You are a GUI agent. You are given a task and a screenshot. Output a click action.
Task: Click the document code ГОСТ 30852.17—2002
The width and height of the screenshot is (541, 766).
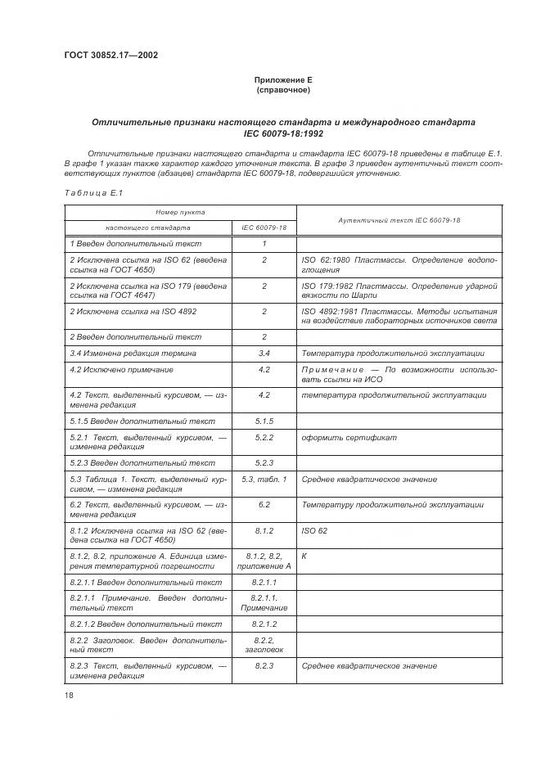110,56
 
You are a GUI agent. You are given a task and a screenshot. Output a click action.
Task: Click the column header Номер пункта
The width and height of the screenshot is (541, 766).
180,212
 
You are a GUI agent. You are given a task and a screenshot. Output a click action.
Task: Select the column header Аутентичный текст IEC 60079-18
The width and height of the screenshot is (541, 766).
399,220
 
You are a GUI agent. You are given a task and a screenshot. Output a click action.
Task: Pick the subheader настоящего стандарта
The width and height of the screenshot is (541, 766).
148,228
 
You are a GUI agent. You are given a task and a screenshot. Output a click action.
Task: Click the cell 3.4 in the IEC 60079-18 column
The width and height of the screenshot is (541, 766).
264,354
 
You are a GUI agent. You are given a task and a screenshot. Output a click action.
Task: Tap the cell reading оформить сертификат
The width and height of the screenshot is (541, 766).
349,438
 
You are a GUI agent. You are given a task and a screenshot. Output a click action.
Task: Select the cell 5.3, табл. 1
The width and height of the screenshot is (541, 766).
264,479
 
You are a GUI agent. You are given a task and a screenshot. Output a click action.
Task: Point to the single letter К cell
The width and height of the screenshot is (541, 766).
304,556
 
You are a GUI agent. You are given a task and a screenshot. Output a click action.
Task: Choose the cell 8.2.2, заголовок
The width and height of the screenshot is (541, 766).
264,645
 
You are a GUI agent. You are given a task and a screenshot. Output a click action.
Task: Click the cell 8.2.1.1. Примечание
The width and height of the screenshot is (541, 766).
264,603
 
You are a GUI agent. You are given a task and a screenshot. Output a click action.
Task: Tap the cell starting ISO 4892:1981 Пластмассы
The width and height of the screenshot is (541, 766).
399,317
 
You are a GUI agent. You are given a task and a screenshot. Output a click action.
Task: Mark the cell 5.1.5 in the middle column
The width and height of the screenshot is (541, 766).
264,421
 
